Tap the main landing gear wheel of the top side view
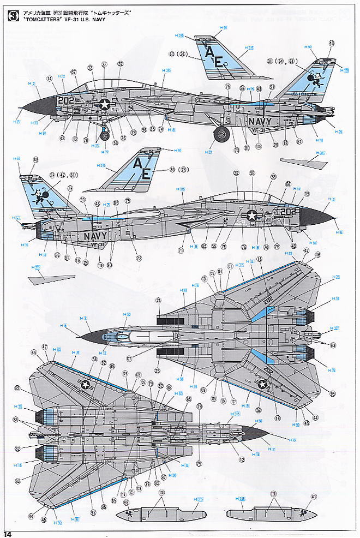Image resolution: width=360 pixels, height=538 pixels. pos(221,134)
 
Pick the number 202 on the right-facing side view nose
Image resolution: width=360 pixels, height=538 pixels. pos(291,211)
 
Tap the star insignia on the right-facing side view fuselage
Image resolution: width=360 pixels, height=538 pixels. pos(251,215)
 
